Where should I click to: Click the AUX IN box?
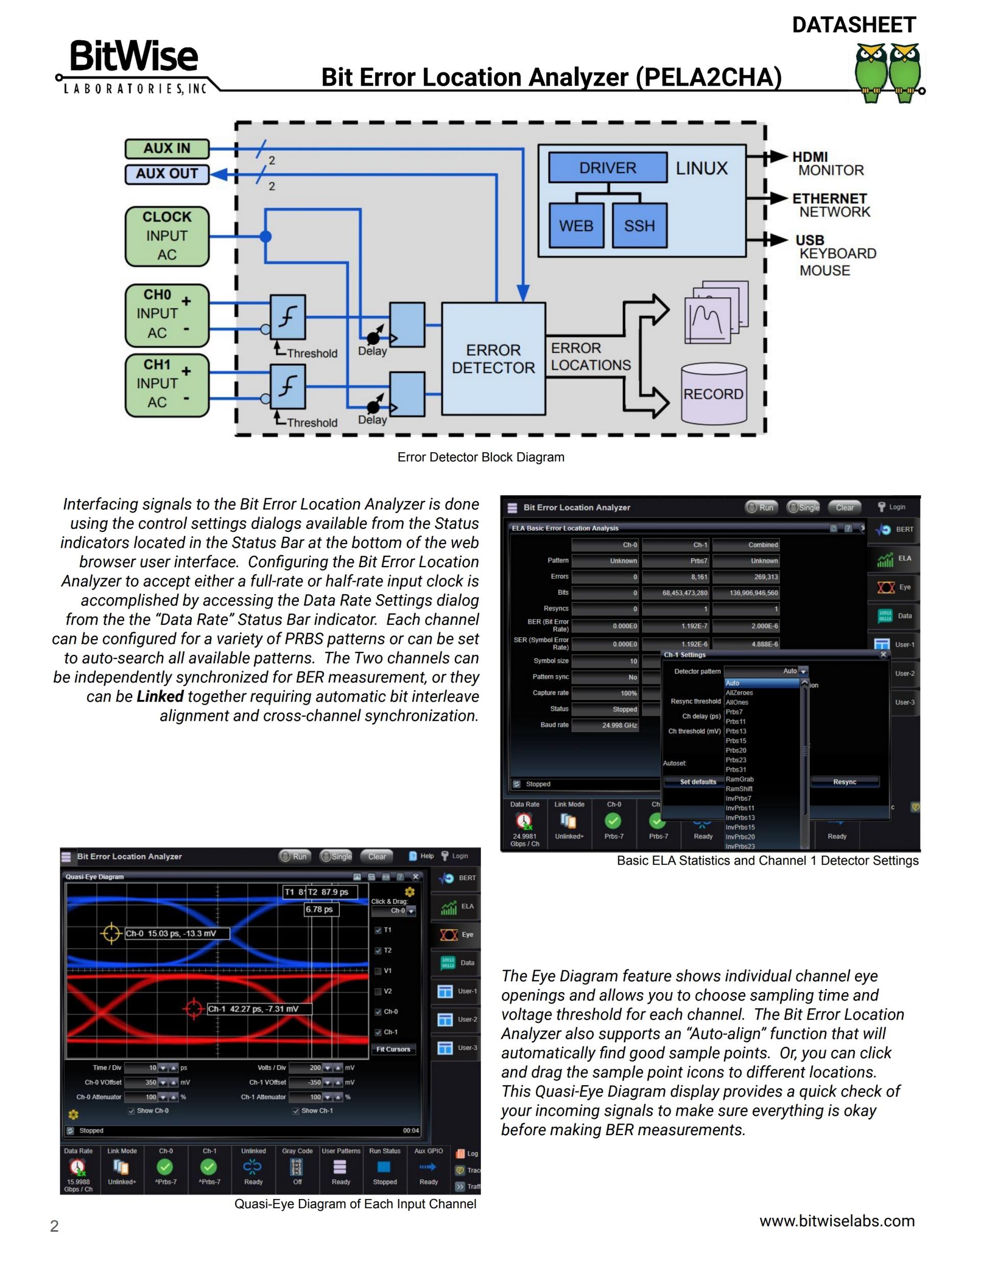coord(167,149)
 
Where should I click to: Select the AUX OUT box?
coord(167,174)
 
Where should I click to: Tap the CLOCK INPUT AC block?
coord(167,237)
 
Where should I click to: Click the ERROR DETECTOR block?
coord(493,359)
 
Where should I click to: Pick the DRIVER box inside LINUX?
coord(608,168)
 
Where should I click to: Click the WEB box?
coord(576,225)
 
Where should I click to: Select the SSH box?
coord(639,225)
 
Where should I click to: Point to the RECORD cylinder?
coord(713,394)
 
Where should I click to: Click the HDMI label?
coord(809,157)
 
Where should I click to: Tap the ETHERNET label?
coord(829,199)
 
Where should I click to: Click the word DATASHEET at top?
coord(853,25)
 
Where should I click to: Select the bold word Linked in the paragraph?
coord(160,696)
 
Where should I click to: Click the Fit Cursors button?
coord(393,1049)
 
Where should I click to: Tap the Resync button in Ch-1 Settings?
coord(844,782)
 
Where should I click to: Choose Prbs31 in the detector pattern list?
coord(736,770)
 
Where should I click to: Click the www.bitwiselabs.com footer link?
coord(836,1221)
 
